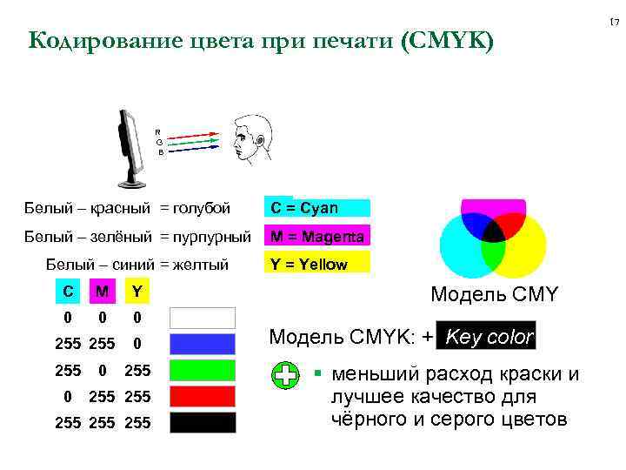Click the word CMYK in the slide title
[451, 40]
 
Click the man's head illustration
[251, 139]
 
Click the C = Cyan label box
[317, 208]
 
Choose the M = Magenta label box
[317, 236]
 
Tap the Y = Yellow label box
[317, 265]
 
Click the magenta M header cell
[103, 290]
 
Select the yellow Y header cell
[137, 290]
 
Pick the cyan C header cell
[68, 290]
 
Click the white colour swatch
[202, 318]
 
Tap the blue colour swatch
[202, 344]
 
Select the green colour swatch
[202, 371]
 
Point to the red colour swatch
[202, 397]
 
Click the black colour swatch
[202, 423]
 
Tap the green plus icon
[286, 376]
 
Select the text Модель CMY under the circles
[494, 296]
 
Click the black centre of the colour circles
[494, 231]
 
